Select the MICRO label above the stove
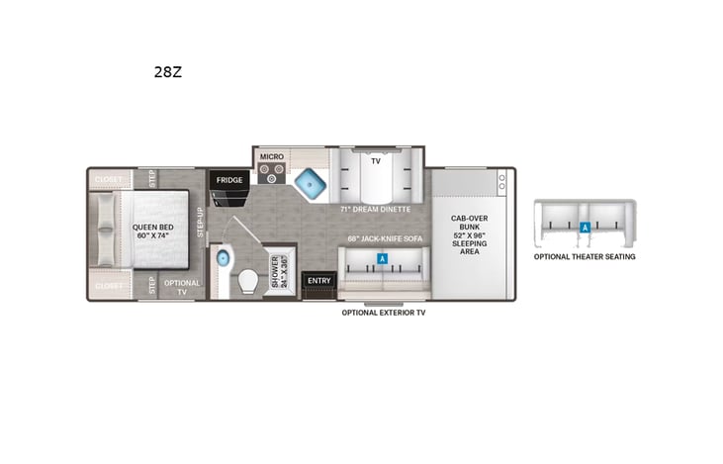point(271,156)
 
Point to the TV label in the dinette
point(375,159)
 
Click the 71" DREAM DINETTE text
point(376,210)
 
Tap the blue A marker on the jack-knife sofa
point(383,259)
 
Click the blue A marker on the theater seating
point(586,227)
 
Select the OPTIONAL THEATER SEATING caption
point(585,256)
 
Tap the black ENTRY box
point(318,280)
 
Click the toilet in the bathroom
point(247,283)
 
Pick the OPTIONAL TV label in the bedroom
point(181,288)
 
